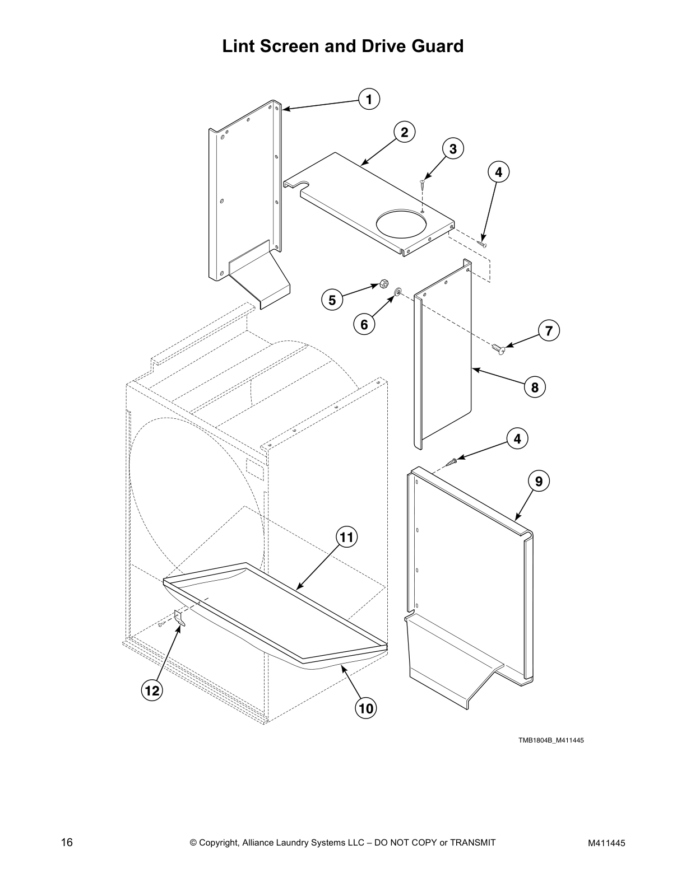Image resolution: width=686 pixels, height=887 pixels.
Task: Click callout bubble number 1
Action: pyautogui.click(x=369, y=99)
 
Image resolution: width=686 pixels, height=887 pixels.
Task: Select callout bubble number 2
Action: pyautogui.click(x=404, y=133)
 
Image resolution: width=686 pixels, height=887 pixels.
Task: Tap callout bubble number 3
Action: pyautogui.click(x=453, y=149)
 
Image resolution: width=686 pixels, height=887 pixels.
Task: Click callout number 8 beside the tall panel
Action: pyautogui.click(x=535, y=387)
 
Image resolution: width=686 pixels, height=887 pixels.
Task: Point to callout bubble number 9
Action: pyautogui.click(x=539, y=481)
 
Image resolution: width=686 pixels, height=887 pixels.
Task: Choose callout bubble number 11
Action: pyautogui.click(x=346, y=538)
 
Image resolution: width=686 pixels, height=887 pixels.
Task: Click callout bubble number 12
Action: pyautogui.click(x=151, y=691)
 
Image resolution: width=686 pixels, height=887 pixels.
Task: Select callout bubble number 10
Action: pyautogui.click(x=365, y=708)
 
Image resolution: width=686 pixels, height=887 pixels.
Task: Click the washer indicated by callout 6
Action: pyautogui.click(x=397, y=292)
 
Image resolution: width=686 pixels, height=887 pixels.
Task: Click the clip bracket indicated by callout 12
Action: pyautogui.click(x=179, y=618)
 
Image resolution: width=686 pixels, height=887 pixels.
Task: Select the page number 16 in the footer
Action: pyautogui.click(x=67, y=842)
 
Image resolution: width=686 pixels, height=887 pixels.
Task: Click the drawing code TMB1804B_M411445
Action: pyautogui.click(x=551, y=740)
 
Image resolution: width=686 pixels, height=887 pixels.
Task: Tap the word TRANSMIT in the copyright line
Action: pyautogui.click(x=472, y=842)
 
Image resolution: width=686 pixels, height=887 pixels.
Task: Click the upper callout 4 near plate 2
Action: pyautogui.click(x=498, y=172)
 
